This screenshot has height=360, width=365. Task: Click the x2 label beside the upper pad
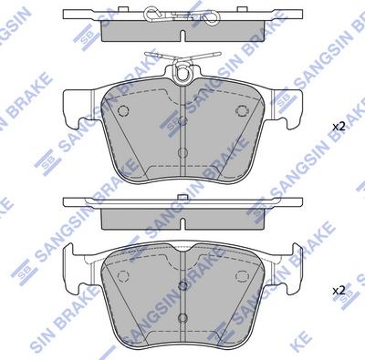coord(339,127)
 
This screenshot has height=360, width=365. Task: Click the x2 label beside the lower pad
coord(339,291)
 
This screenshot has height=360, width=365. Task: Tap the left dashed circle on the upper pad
coord(123,110)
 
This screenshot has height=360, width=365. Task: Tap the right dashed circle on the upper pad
coord(243,110)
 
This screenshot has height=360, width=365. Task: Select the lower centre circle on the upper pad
coord(182,152)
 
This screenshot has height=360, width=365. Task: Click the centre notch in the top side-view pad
coord(182,36)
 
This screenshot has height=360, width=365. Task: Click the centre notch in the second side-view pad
coord(182,223)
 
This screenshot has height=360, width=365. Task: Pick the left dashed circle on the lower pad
coord(123,276)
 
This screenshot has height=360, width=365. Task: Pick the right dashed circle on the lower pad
coord(242,276)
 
